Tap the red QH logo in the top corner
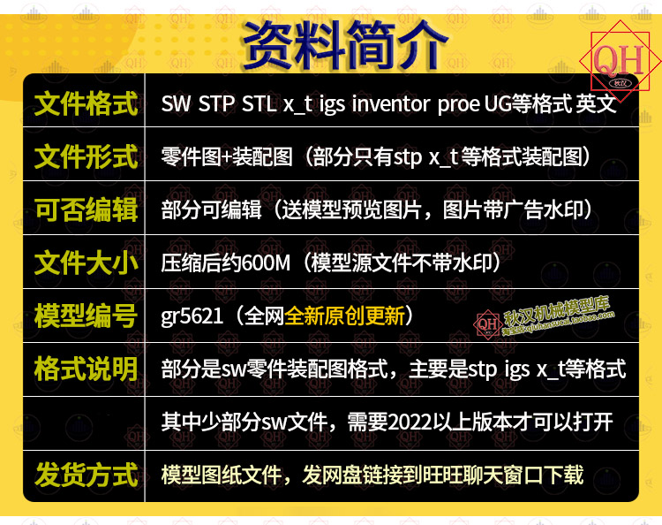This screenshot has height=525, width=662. pyautogui.click(x=620, y=61)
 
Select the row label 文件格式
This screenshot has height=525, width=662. pyautogui.click(x=87, y=103)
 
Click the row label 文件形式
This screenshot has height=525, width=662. pyautogui.click(x=87, y=156)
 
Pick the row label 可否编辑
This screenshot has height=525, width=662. pyautogui.click(x=87, y=210)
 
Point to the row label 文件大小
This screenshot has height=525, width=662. pyautogui.click(x=87, y=262)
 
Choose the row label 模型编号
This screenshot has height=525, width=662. pyautogui.click(x=87, y=316)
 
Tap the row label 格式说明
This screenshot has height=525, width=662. pyautogui.click(x=87, y=369)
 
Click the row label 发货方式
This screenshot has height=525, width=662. pyautogui.click(x=87, y=476)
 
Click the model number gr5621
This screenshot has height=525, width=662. pyautogui.click(x=192, y=316)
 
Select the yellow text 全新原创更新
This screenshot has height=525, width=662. pyautogui.click(x=344, y=316)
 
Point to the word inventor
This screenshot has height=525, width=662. pyautogui.click(x=390, y=104)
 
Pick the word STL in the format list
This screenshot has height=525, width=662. pyautogui.click(x=259, y=104)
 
